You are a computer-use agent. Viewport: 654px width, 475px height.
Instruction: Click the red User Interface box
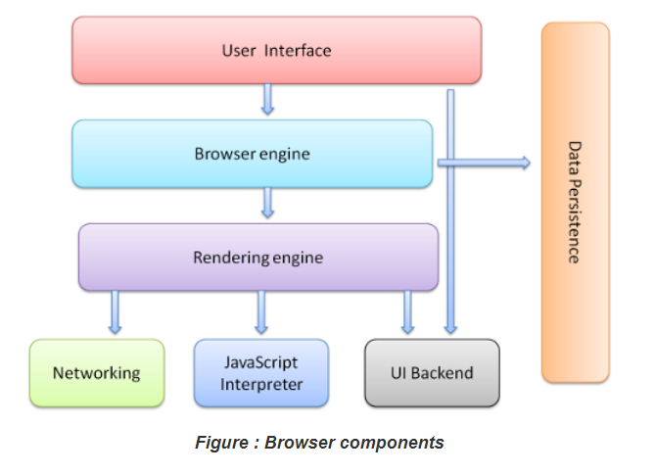pyautogui.click(x=276, y=50)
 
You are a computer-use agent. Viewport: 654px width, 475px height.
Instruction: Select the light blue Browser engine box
pyautogui.click(x=252, y=154)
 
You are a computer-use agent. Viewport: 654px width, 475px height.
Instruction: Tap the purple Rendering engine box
pyautogui.click(x=257, y=258)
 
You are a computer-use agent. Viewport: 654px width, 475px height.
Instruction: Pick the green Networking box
pyautogui.click(x=96, y=373)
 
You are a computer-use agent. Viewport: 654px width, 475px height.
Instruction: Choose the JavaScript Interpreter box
pyautogui.click(x=260, y=373)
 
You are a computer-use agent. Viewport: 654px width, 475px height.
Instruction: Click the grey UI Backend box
pyautogui.click(x=432, y=373)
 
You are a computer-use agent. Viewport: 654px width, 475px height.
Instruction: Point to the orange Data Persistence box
pyautogui.click(x=575, y=202)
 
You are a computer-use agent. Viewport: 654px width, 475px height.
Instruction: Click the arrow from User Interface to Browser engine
pyautogui.click(x=266, y=99)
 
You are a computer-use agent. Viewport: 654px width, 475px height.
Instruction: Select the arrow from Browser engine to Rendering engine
pyautogui.click(x=266, y=203)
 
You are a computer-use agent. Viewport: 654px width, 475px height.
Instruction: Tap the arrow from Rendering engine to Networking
pyautogui.click(x=117, y=312)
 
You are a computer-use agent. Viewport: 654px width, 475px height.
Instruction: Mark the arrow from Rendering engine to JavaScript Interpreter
pyautogui.click(x=261, y=312)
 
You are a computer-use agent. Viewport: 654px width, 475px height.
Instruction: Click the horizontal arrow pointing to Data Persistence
pyautogui.click(x=484, y=163)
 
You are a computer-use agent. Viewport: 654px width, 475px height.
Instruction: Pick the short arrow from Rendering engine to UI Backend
pyautogui.click(x=407, y=312)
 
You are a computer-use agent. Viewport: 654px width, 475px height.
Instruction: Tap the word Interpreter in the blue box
pyautogui.click(x=260, y=384)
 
